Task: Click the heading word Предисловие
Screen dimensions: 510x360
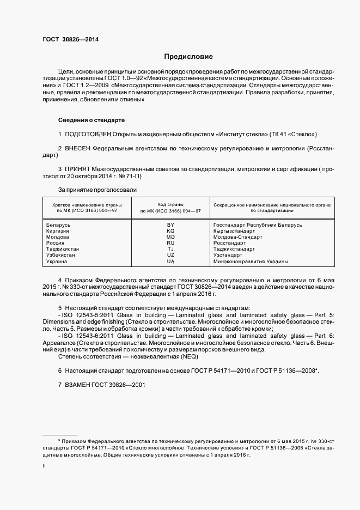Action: [188, 57]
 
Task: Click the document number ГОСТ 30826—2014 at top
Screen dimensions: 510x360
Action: [70, 39]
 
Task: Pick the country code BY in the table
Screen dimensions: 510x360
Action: [170, 225]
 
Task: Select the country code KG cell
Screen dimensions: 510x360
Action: [170, 231]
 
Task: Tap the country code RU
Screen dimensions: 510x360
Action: [170, 243]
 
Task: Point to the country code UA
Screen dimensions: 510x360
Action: [170, 262]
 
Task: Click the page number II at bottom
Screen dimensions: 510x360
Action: [44, 466]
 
